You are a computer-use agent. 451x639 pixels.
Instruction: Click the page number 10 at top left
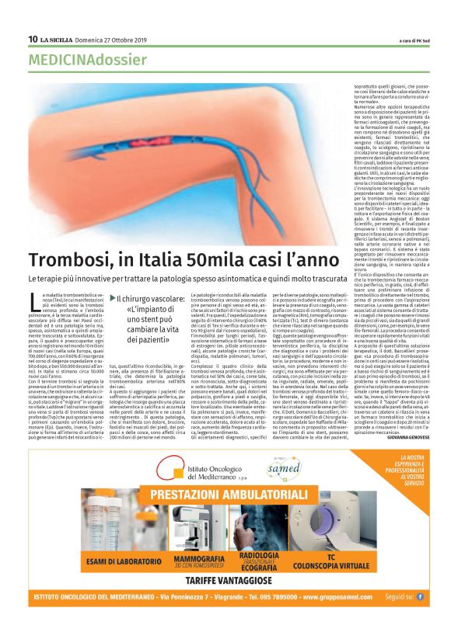pyautogui.click(x=33, y=39)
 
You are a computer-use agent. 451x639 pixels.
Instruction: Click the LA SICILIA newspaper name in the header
pyautogui.click(x=58, y=39)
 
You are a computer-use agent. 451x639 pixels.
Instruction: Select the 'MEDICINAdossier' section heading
pyautogui.click(x=87, y=59)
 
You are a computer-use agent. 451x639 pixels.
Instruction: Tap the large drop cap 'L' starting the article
pyautogui.click(x=33, y=301)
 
